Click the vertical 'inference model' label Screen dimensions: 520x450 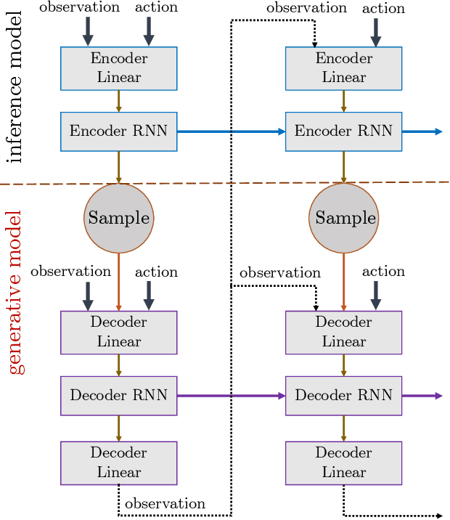(x=15, y=86)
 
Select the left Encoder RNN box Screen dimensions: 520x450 (x=118, y=131)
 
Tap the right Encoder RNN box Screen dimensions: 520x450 (x=343, y=131)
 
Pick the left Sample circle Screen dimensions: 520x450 (x=118, y=218)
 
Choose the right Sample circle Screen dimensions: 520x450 (x=344, y=218)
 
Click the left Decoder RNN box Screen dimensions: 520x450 (x=118, y=396)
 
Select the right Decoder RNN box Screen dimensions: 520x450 (x=343, y=396)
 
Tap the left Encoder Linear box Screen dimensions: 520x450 (x=118, y=68)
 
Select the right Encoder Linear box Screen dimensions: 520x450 (x=343, y=68)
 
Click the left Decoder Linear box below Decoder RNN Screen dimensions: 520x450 (x=118, y=463)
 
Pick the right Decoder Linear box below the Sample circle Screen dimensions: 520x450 (x=343, y=332)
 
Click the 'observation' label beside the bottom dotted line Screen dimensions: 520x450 (x=165, y=503)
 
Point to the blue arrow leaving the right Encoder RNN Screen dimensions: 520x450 (x=421, y=131)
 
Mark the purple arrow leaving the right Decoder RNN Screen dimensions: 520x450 (x=421, y=396)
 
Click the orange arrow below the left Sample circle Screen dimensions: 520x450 (x=118, y=282)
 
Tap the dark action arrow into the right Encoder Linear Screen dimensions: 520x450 (x=375, y=31)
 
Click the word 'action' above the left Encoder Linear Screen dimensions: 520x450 (x=156, y=7)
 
